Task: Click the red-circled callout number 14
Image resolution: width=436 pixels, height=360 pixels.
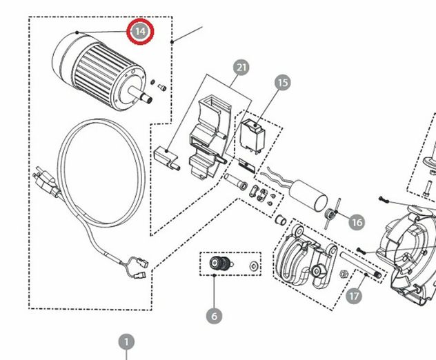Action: point(140,32)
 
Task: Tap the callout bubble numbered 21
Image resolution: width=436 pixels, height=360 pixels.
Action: point(241,68)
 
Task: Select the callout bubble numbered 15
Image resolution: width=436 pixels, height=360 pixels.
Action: point(283,83)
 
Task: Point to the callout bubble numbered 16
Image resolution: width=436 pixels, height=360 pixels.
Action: point(357,222)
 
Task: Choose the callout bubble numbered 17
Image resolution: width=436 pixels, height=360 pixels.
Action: point(354,296)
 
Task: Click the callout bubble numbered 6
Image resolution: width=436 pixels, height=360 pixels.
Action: point(214,316)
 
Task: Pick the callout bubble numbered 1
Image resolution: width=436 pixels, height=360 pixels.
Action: point(126,342)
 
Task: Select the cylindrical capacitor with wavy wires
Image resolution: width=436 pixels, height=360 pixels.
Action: point(308,194)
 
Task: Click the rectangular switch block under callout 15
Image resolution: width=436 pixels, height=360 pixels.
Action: point(252,136)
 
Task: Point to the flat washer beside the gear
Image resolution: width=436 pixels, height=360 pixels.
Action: point(254,266)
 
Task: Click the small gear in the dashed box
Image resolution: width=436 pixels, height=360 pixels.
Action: point(219,263)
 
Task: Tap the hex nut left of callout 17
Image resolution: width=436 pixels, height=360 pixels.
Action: point(344,274)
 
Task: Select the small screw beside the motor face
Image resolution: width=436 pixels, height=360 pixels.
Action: point(162,88)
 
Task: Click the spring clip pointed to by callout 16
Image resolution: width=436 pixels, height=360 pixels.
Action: point(331,214)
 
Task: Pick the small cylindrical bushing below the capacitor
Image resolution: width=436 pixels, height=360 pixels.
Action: point(281,220)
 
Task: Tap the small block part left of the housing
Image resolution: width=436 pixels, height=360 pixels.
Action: point(166,158)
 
